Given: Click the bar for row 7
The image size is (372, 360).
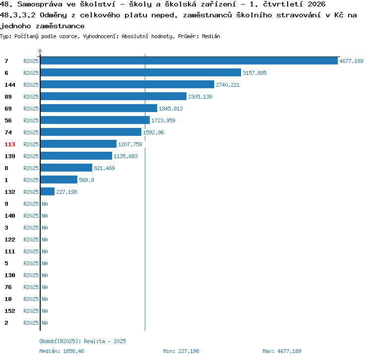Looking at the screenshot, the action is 189,60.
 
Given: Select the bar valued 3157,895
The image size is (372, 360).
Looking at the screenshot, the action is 141,72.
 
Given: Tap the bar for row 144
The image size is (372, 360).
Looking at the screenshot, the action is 127,84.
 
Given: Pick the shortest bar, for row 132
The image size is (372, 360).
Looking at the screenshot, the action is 48,191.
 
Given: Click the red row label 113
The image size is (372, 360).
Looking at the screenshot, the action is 10,144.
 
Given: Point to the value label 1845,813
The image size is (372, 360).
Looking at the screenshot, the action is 171,109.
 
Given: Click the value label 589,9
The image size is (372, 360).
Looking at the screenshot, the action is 86,180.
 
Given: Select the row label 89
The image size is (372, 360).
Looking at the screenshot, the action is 8,97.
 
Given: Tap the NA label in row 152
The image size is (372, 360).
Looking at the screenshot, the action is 45,311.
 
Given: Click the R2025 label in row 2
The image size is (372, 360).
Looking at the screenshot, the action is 31,323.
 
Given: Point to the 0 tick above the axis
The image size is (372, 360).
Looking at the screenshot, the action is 40,51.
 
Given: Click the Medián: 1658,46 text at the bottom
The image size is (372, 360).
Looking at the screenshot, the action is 62,351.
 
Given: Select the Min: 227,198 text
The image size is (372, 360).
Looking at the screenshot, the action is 181,351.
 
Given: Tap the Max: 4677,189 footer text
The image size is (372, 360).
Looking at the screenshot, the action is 282,351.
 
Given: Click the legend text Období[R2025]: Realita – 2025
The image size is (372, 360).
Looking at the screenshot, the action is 82,341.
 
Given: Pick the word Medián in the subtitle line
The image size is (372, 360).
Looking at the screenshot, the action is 211,36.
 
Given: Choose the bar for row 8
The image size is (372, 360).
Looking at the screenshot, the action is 66,168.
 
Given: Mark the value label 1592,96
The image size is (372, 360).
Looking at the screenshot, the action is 153,132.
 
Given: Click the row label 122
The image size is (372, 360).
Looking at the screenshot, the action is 10,240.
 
